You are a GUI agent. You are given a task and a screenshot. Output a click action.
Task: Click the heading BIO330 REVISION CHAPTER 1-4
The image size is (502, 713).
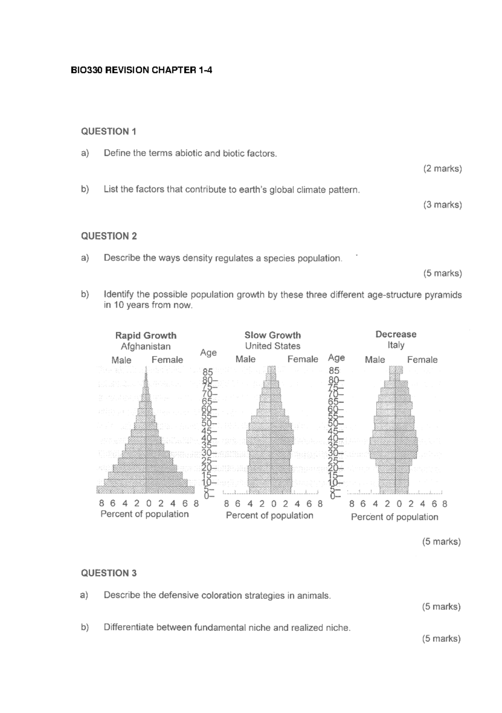click(x=141, y=70)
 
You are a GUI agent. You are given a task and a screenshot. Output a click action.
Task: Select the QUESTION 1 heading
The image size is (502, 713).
click(x=109, y=131)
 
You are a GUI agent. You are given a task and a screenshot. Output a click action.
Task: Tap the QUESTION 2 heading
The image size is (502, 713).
click(x=109, y=236)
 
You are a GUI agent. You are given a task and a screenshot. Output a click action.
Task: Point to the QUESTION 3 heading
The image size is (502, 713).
click(x=109, y=573)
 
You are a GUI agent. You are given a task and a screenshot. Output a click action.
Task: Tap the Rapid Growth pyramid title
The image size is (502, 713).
click(x=146, y=335)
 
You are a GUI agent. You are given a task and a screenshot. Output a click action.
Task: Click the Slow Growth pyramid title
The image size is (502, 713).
click(x=273, y=335)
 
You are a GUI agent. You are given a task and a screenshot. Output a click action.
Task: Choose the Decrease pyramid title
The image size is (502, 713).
click(x=396, y=334)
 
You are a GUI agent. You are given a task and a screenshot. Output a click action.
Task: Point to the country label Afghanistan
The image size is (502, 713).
click(x=146, y=346)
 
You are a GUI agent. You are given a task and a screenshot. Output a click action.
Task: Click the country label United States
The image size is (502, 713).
click(x=273, y=346)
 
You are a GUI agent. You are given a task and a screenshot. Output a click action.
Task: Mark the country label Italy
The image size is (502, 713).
click(x=396, y=345)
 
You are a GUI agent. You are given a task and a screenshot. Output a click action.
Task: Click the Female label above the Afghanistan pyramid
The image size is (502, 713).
click(x=167, y=360)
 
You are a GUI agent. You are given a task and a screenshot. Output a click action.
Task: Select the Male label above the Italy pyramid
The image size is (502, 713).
click(x=374, y=360)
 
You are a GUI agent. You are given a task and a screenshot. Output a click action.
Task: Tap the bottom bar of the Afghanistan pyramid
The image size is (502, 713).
click(x=146, y=490)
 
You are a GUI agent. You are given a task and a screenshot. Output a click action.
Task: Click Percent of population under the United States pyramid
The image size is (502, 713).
click(x=269, y=515)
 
